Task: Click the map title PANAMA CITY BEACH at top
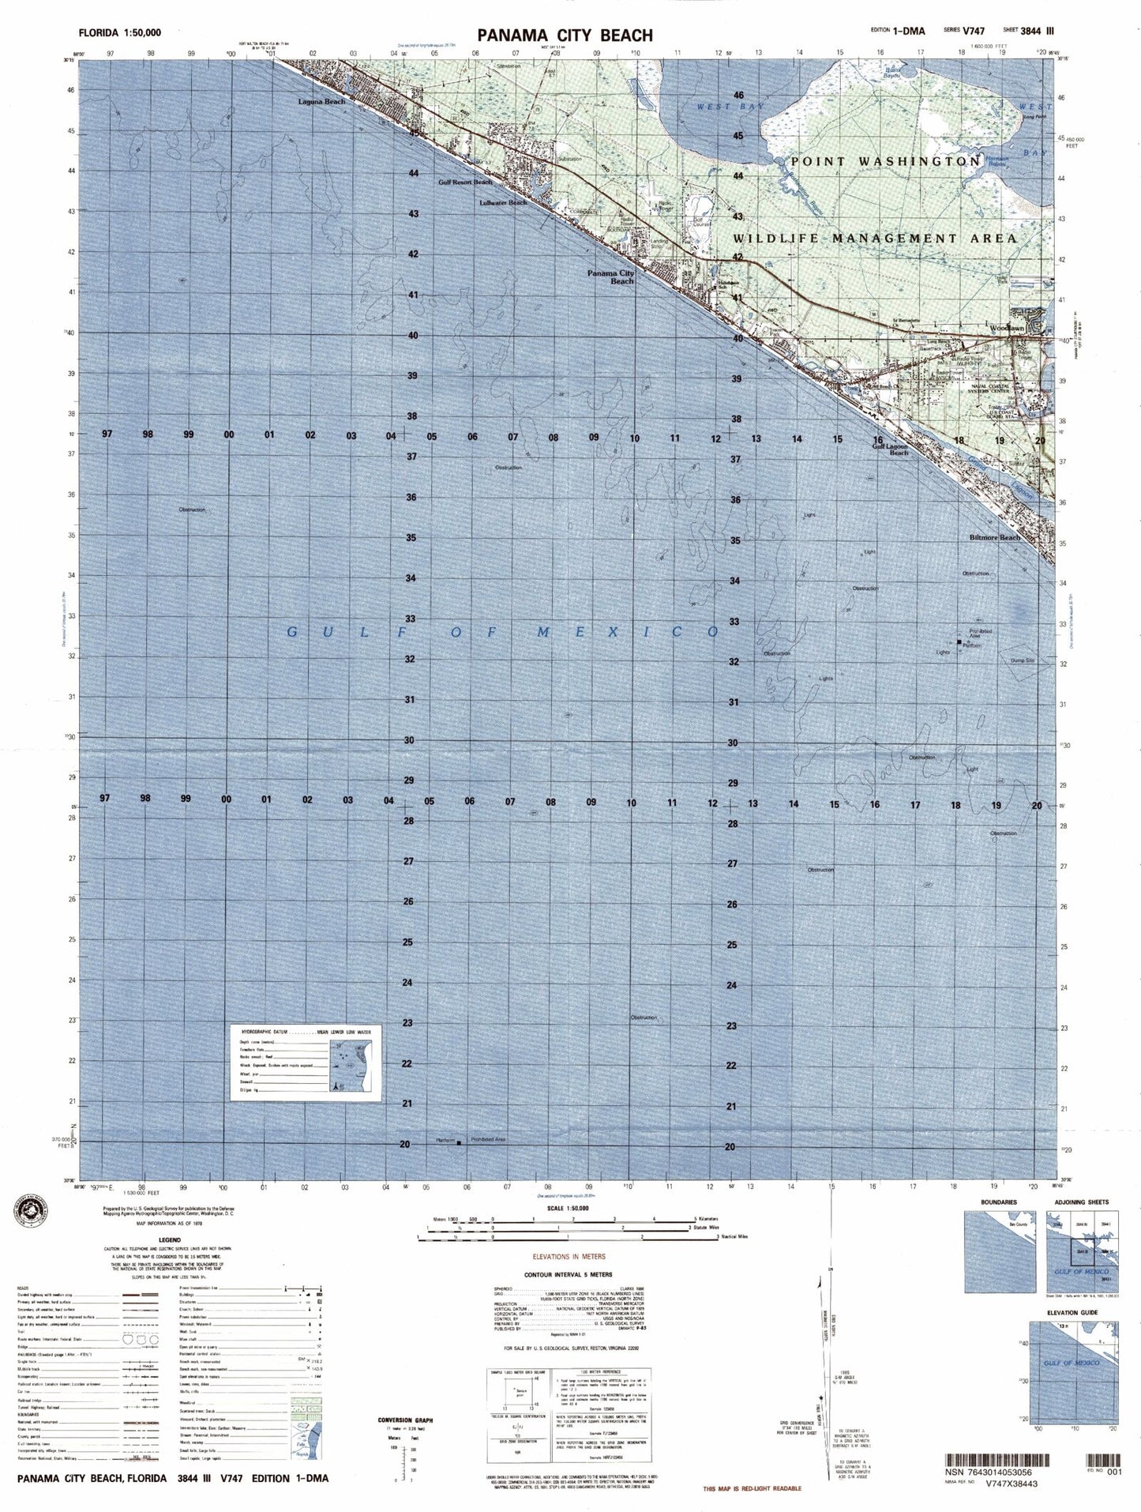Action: (565, 35)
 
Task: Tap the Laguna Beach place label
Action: (321, 102)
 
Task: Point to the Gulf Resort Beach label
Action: (465, 182)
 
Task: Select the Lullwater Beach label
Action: (503, 203)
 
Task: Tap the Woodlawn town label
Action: (1007, 328)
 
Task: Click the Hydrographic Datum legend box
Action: (306, 1063)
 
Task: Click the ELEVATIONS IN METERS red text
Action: (569, 1256)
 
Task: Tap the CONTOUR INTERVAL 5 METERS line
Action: (569, 1274)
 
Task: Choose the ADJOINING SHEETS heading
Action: (1081, 1202)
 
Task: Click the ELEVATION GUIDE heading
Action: (1072, 1313)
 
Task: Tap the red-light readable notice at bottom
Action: (753, 1488)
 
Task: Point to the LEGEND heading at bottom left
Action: (170, 1240)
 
